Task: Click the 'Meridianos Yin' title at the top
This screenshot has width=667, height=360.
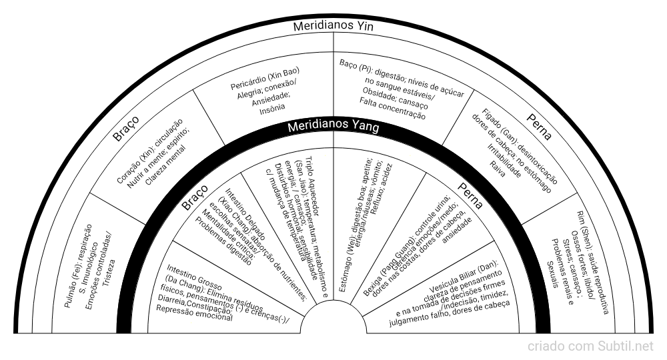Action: click(x=333, y=27)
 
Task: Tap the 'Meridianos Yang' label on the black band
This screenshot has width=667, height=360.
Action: click(x=333, y=127)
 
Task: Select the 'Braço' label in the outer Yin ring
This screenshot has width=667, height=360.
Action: click(x=125, y=127)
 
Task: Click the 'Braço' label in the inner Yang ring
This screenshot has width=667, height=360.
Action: click(x=194, y=199)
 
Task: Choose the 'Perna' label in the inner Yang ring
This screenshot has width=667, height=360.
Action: click(x=470, y=195)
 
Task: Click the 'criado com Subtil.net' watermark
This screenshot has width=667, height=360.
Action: click(x=591, y=347)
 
